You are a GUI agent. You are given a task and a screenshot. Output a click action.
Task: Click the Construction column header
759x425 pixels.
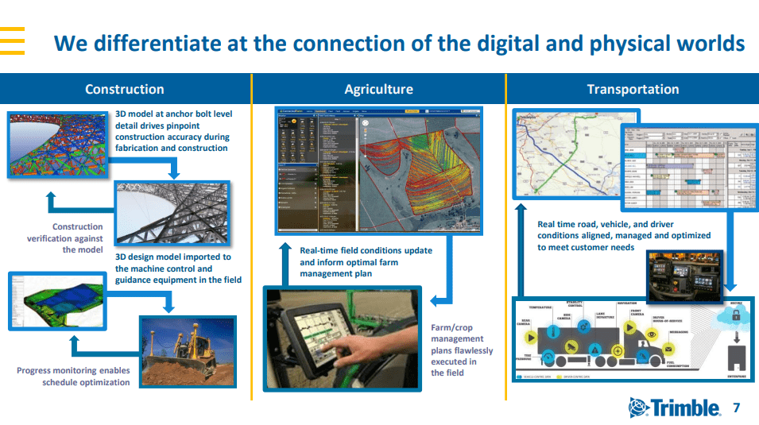(124, 89)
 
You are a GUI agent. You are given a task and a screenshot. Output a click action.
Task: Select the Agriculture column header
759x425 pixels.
(378, 89)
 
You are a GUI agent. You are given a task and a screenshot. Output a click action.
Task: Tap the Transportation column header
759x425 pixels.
(633, 89)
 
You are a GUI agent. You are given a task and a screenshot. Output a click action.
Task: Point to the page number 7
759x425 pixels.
(736, 408)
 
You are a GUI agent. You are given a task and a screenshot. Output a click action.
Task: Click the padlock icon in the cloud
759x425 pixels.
(736, 315)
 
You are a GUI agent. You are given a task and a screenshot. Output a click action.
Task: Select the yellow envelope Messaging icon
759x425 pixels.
(668, 349)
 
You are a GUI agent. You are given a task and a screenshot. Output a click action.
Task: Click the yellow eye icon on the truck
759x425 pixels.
(652, 334)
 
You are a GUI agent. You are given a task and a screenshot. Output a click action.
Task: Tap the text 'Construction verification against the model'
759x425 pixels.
(65, 238)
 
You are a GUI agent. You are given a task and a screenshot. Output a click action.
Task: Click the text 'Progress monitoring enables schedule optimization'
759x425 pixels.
(73, 377)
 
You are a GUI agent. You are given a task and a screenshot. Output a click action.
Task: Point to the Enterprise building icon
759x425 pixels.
(736, 357)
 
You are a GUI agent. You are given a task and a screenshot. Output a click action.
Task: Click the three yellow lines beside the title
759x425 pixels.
(13, 40)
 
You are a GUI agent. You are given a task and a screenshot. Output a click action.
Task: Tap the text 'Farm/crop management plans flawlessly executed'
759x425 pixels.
(462, 350)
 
